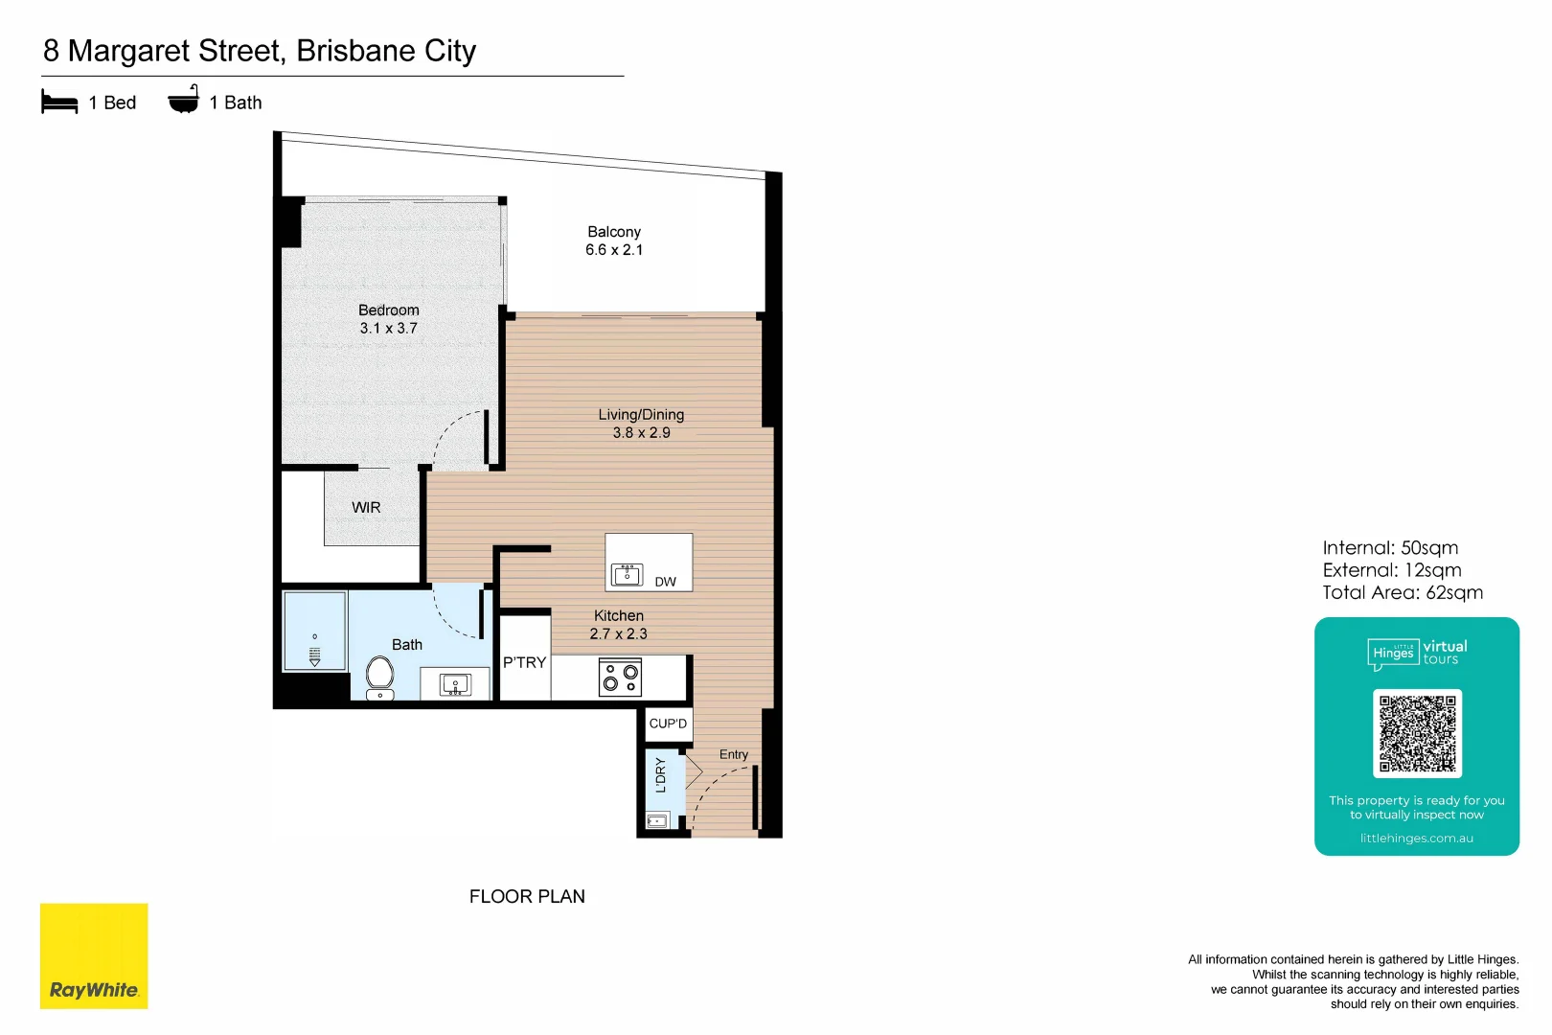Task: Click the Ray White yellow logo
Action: pyautogui.click(x=94, y=955)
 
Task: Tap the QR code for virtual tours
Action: pyautogui.click(x=1417, y=733)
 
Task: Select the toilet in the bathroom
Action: pyautogui.click(x=379, y=678)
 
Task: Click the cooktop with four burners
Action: pyautogui.click(x=620, y=677)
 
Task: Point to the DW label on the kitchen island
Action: pyautogui.click(x=665, y=582)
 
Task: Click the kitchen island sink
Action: pyautogui.click(x=628, y=575)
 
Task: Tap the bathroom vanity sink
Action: pyautogui.click(x=455, y=685)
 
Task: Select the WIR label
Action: pyautogui.click(x=366, y=508)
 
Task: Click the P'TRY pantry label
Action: pyautogui.click(x=524, y=662)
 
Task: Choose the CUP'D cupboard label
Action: pyautogui.click(x=668, y=723)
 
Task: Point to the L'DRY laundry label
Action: pyautogui.click(x=660, y=775)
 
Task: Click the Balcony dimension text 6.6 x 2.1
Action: pyautogui.click(x=614, y=249)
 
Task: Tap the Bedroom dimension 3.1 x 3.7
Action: pyautogui.click(x=388, y=328)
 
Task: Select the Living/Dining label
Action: pyautogui.click(x=641, y=415)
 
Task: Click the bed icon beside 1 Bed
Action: pyautogui.click(x=59, y=102)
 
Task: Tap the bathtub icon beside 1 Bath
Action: pyautogui.click(x=184, y=99)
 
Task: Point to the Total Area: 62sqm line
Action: pyautogui.click(x=1403, y=592)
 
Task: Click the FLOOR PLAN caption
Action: pyautogui.click(x=527, y=896)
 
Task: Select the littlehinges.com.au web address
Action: pyautogui.click(x=1416, y=839)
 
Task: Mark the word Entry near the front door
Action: pyautogui.click(x=733, y=755)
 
